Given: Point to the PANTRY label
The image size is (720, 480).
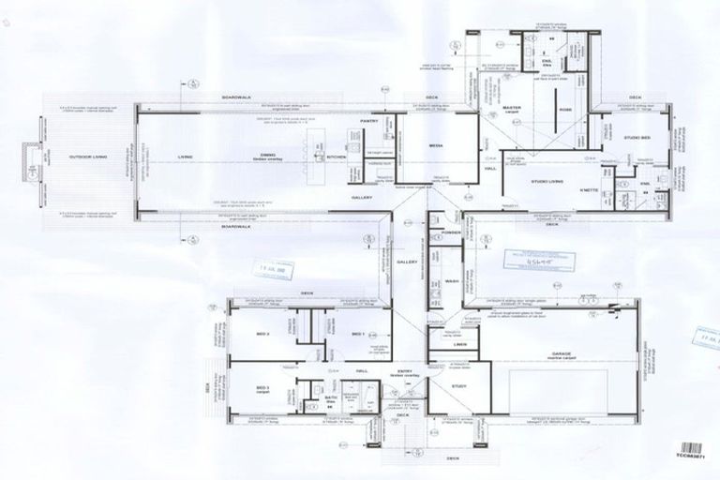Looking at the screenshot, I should pyautogui.click(x=368, y=121).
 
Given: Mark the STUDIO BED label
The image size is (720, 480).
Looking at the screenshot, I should pyautogui.click(x=639, y=139).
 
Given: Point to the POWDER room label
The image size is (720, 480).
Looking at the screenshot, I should pyautogui.click(x=450, y=231).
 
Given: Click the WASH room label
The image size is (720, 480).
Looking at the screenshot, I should pyautogui.click(x=451, y=281).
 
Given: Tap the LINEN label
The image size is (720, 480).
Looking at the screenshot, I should pyautogui.click(x=459, y=345).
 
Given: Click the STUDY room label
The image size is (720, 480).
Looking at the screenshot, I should pyautogui.click(x=458, y=385).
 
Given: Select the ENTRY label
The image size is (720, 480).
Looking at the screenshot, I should pyautogui.click(x=405, y=373).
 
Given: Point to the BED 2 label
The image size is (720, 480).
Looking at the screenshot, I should pyautogui.click(x=262, y=334).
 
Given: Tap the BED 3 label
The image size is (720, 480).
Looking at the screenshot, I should pyautogui.click(x=262, y=385).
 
